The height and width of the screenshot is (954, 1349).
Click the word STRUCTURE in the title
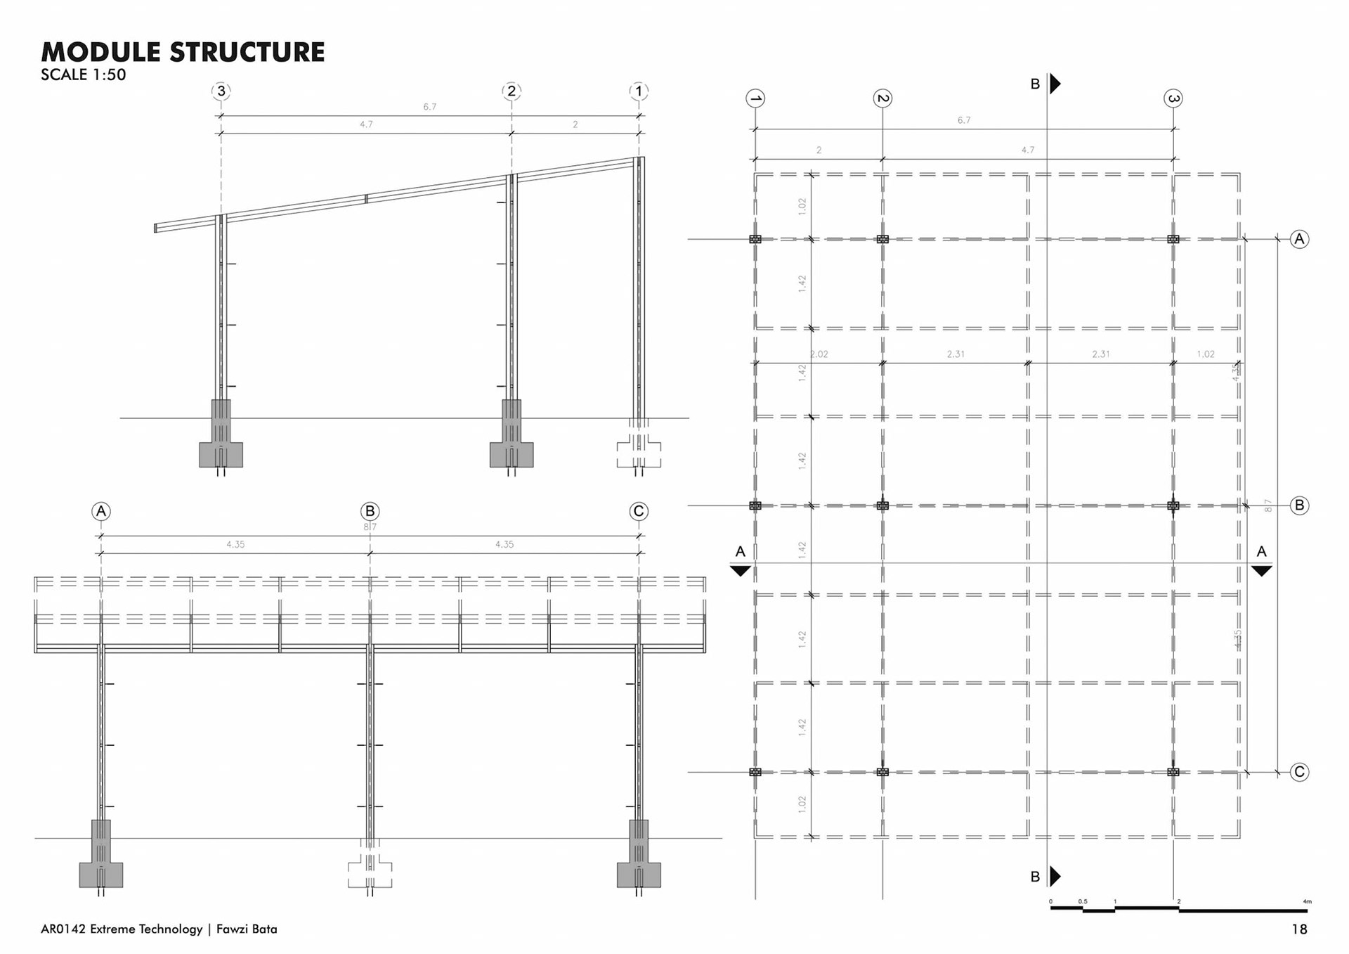click(x=247, y=53)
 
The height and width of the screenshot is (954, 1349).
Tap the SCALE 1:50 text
click(x=83, y=75)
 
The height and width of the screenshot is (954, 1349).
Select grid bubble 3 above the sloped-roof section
click(x=221, y=91)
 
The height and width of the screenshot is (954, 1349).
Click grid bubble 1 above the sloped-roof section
click(x=639, y=91)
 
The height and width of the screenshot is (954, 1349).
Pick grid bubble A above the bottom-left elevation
click(x=101, y=511)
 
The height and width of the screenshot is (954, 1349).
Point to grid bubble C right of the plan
click(x=1299, y=772)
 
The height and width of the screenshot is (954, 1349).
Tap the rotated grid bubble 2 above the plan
click(x=882, y=98)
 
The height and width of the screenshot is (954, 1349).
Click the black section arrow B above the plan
click(x=1055, y=84)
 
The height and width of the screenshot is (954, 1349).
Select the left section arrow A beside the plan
click(x=741, y=570)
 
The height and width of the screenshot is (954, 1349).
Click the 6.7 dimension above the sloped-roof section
click(x=429, y=107)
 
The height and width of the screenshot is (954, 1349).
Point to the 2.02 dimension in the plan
click(x=819, y=354)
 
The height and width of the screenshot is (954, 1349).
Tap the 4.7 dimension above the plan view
click(x=1027, y=150)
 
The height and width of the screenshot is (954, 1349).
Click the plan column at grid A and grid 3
click(x=1173, y=239)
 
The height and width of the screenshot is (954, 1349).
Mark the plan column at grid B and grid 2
click(x=882, y=505)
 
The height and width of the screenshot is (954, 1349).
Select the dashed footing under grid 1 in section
click(x=639, y=451)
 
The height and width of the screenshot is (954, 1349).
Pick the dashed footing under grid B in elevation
click(x=370, y=871)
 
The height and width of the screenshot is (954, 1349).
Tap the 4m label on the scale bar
click(x=1307, y=901)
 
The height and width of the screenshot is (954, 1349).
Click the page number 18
click(x=1299, y=929)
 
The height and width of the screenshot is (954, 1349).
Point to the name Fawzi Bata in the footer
click(x=247, y=929)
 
